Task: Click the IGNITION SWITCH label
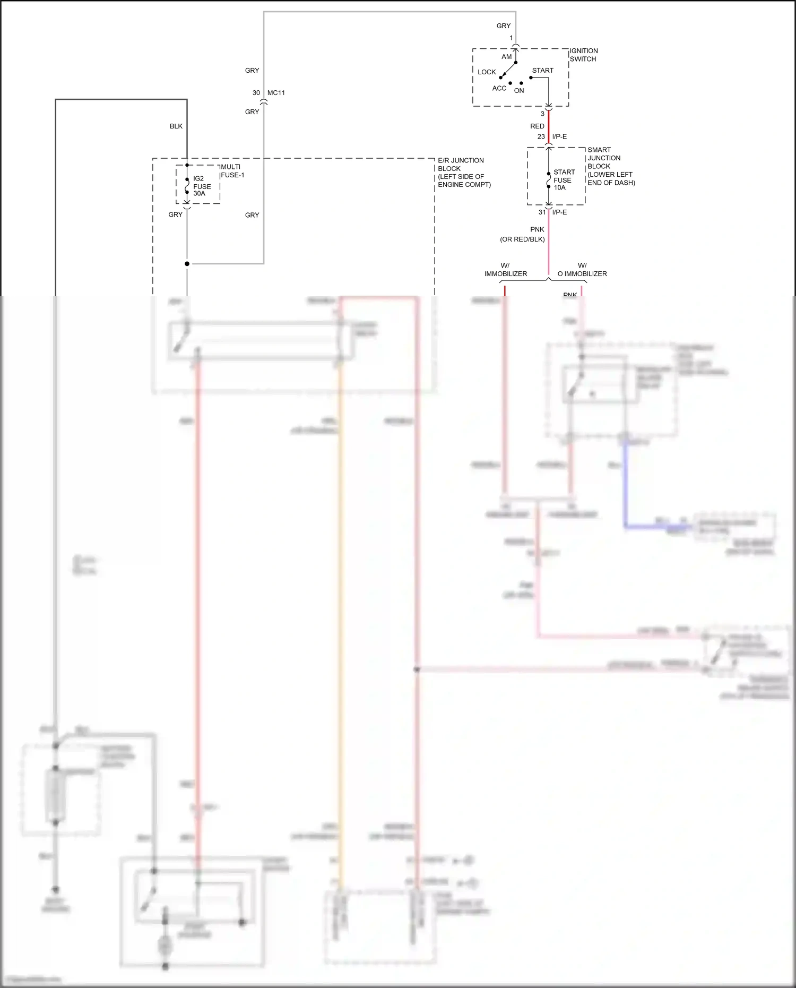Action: tap(583, 55)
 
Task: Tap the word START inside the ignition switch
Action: tap(542, 71)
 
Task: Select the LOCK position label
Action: tap(486, 72)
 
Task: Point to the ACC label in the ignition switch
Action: tap(499, 89)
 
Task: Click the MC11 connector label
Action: tap(276, 93)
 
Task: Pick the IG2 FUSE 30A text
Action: tap(202, 186)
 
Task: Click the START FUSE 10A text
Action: tap(564, 180)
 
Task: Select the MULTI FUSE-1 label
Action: tap(232, 171)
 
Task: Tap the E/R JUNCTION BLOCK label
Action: tap(464, 172)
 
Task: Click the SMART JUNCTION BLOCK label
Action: tap(610, 166)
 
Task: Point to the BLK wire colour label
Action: tap(176, 126)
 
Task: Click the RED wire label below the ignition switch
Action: tap(537, 126)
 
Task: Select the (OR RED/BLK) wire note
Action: tap(522, 239)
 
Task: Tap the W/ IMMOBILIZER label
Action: tap(505, 270)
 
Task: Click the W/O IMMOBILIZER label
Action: tap(582, 270)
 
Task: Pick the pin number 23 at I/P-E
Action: tap(541, 137)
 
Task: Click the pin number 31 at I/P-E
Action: tap(542, 212)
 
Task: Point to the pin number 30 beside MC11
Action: tap(256, 93)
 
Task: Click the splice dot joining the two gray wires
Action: tap(187, 264)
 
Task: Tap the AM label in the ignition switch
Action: tap(506, 57)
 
